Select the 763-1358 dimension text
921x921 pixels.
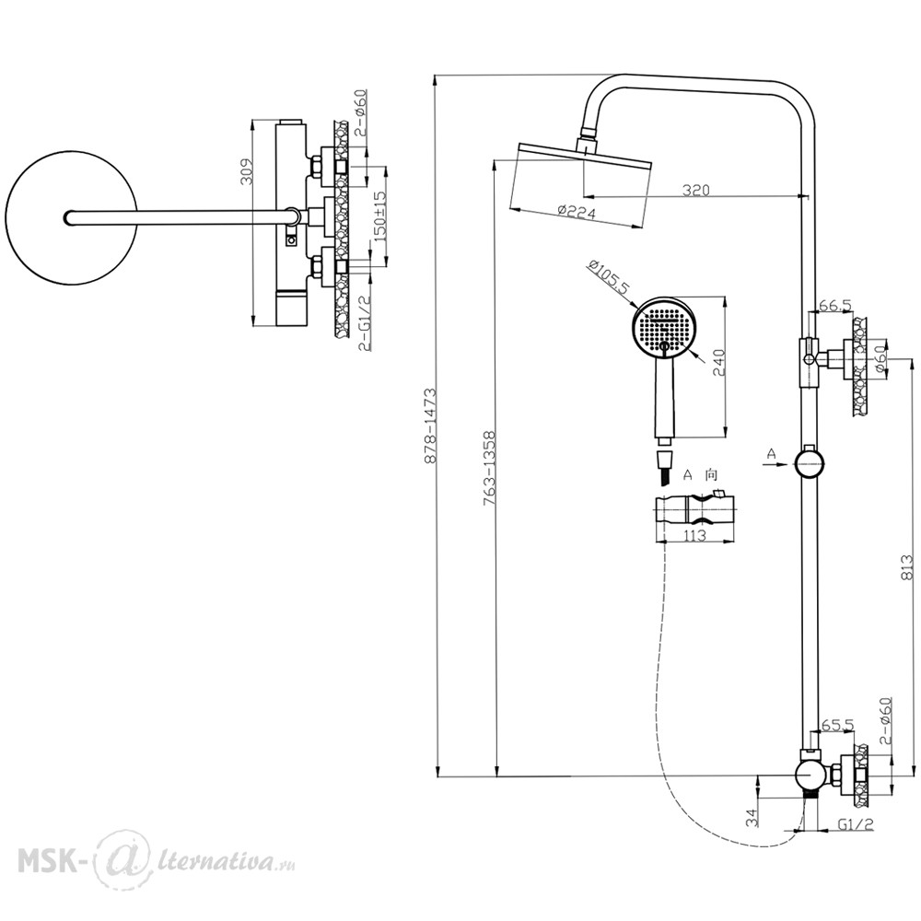[x=489, y=469]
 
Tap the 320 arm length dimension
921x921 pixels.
[x=696, y=190]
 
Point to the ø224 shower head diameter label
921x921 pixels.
[x=576, y=212]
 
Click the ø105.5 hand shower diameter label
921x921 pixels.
[x=609, y=277]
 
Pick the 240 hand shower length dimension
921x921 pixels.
[x=719, y=362]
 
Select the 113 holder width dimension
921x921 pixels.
[x=694, y=536]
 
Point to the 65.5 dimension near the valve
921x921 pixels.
[x=837, y=725]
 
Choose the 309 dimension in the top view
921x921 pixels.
[x=247, y=171]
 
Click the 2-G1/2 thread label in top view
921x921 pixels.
[x=364, y=323]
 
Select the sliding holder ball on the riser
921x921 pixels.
[x=809, y=462]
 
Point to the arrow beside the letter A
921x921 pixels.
[x=775, y=464]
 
